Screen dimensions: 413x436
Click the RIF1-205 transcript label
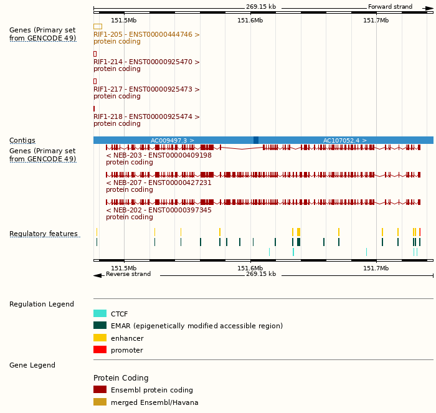tap(146, 35)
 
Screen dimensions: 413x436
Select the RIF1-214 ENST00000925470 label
tap(146, 62)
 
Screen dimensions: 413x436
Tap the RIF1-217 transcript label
tap(146, 90)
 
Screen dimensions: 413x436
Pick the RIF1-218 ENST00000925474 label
tap(146, 117)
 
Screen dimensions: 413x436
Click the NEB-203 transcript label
tap(159, 156)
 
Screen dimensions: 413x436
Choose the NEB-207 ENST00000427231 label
tap(159, 183)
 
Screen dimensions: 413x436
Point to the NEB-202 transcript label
tap(159, 211)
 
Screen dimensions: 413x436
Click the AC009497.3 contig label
tap(173, 141)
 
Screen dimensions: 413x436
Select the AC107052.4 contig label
tap(344, 141)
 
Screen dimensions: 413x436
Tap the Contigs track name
tap(22, 141)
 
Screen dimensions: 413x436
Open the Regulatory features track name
tap(44, 234)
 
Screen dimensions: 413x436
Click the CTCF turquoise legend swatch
tap(100, 314)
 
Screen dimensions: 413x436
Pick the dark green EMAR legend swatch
tap(100, 326)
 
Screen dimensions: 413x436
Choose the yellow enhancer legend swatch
tap(100, 338)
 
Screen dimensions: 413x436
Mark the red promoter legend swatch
tap(100, 350)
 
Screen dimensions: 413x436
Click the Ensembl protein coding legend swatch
tap(100, 390)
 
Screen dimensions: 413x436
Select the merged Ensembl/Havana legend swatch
tap(100, 402)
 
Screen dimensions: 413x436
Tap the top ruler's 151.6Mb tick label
tap(250, 21)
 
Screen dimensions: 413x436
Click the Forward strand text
tap(390, 7)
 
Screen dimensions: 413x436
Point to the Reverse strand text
tap(128, 274)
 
